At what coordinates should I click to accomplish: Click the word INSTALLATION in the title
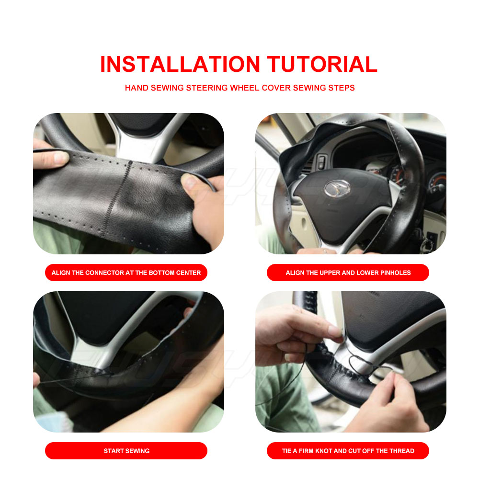point(180,64)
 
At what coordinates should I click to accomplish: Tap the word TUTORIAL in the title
point(322,64)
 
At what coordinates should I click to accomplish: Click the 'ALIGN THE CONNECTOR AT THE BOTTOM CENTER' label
point(126,273)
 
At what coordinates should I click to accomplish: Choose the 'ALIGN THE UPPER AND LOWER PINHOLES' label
point(348,273)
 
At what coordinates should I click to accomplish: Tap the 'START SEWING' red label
point(126,451)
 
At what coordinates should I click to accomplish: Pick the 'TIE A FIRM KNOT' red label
point(348,451)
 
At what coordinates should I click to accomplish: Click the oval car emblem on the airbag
point(337,188)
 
